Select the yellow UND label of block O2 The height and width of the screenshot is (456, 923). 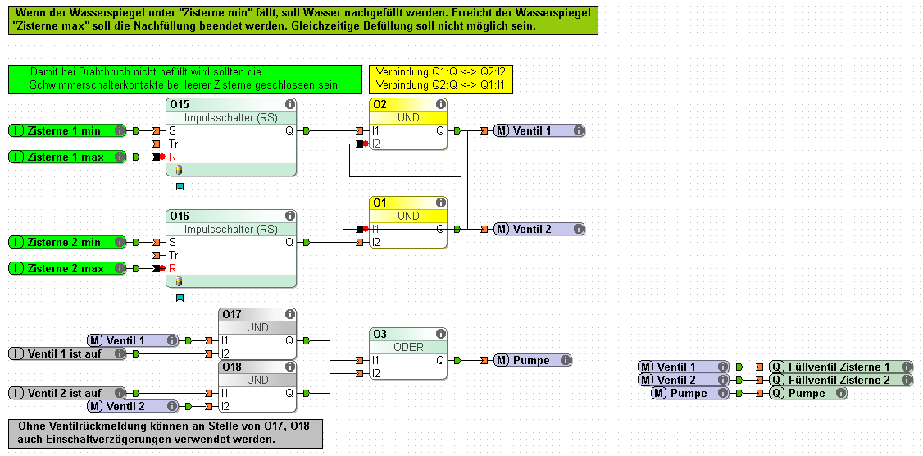click(x=408, y=117)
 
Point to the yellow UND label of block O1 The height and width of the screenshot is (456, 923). click(x=408, y=216)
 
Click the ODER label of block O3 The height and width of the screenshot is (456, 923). click(x=408, y=347)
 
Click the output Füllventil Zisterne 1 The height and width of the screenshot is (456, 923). click(x=840, y=367)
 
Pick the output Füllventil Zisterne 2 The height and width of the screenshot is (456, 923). click(x=840, y=380)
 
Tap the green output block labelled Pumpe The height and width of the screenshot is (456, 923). click(x=807, y=393)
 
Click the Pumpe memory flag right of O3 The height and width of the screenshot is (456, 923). click(x=533, y=360)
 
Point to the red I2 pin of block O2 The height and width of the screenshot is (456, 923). click(x=376, y=144)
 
